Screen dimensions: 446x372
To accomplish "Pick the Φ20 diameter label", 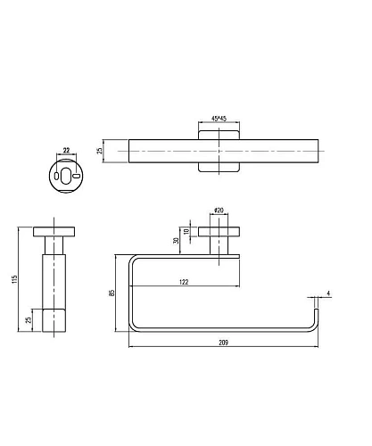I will coord(218,211).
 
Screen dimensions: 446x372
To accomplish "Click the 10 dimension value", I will coord(188,232).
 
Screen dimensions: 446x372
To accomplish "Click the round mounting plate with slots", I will coord(66,175).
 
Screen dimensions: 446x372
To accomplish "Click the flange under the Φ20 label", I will coord(218,235).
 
